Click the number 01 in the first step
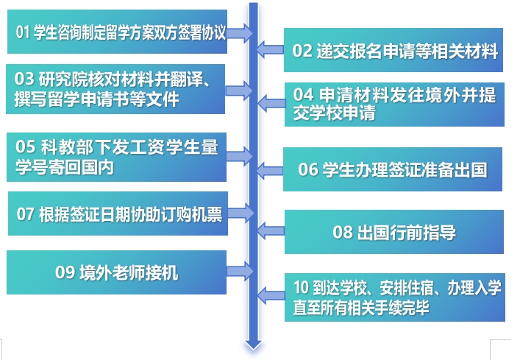tap(23, 32)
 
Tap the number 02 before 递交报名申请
tap(302, 51)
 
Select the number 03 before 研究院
tap(24, 79)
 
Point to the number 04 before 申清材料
tap(303, 94)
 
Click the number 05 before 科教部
tap(25, 147)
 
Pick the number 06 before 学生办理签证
tap(308, 169)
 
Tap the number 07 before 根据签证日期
tap(25, 214)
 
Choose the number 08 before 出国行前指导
tap(343, 232)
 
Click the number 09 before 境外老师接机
tap(65, 272)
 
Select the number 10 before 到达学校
tap(301, 287)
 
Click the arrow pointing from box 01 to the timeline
tap(240, 33)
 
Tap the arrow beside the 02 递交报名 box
tap(270, 50)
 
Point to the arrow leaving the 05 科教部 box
tap(240, 156)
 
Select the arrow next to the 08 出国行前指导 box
tap(271, 230)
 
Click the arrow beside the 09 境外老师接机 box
tap(240, 271)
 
